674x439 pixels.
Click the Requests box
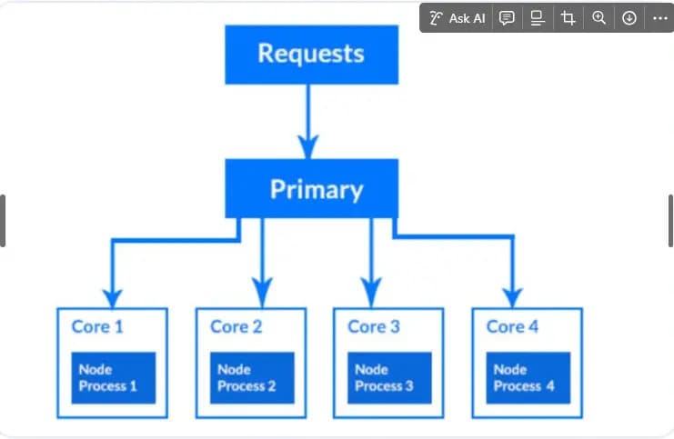312,55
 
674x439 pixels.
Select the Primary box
312,188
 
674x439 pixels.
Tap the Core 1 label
97,327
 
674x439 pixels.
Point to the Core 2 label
236,327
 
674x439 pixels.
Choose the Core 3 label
374,327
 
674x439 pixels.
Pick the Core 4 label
512,327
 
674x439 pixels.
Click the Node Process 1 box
114,378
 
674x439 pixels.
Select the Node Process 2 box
252,378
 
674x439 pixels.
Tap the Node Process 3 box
389,378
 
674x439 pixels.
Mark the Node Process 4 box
528,378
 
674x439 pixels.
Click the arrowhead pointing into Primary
308,147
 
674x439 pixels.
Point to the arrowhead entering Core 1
113,298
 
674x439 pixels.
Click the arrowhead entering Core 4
512,298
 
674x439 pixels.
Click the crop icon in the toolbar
568,18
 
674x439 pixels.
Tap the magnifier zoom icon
599,18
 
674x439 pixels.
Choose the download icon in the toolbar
629,18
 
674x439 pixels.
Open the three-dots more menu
659,18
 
